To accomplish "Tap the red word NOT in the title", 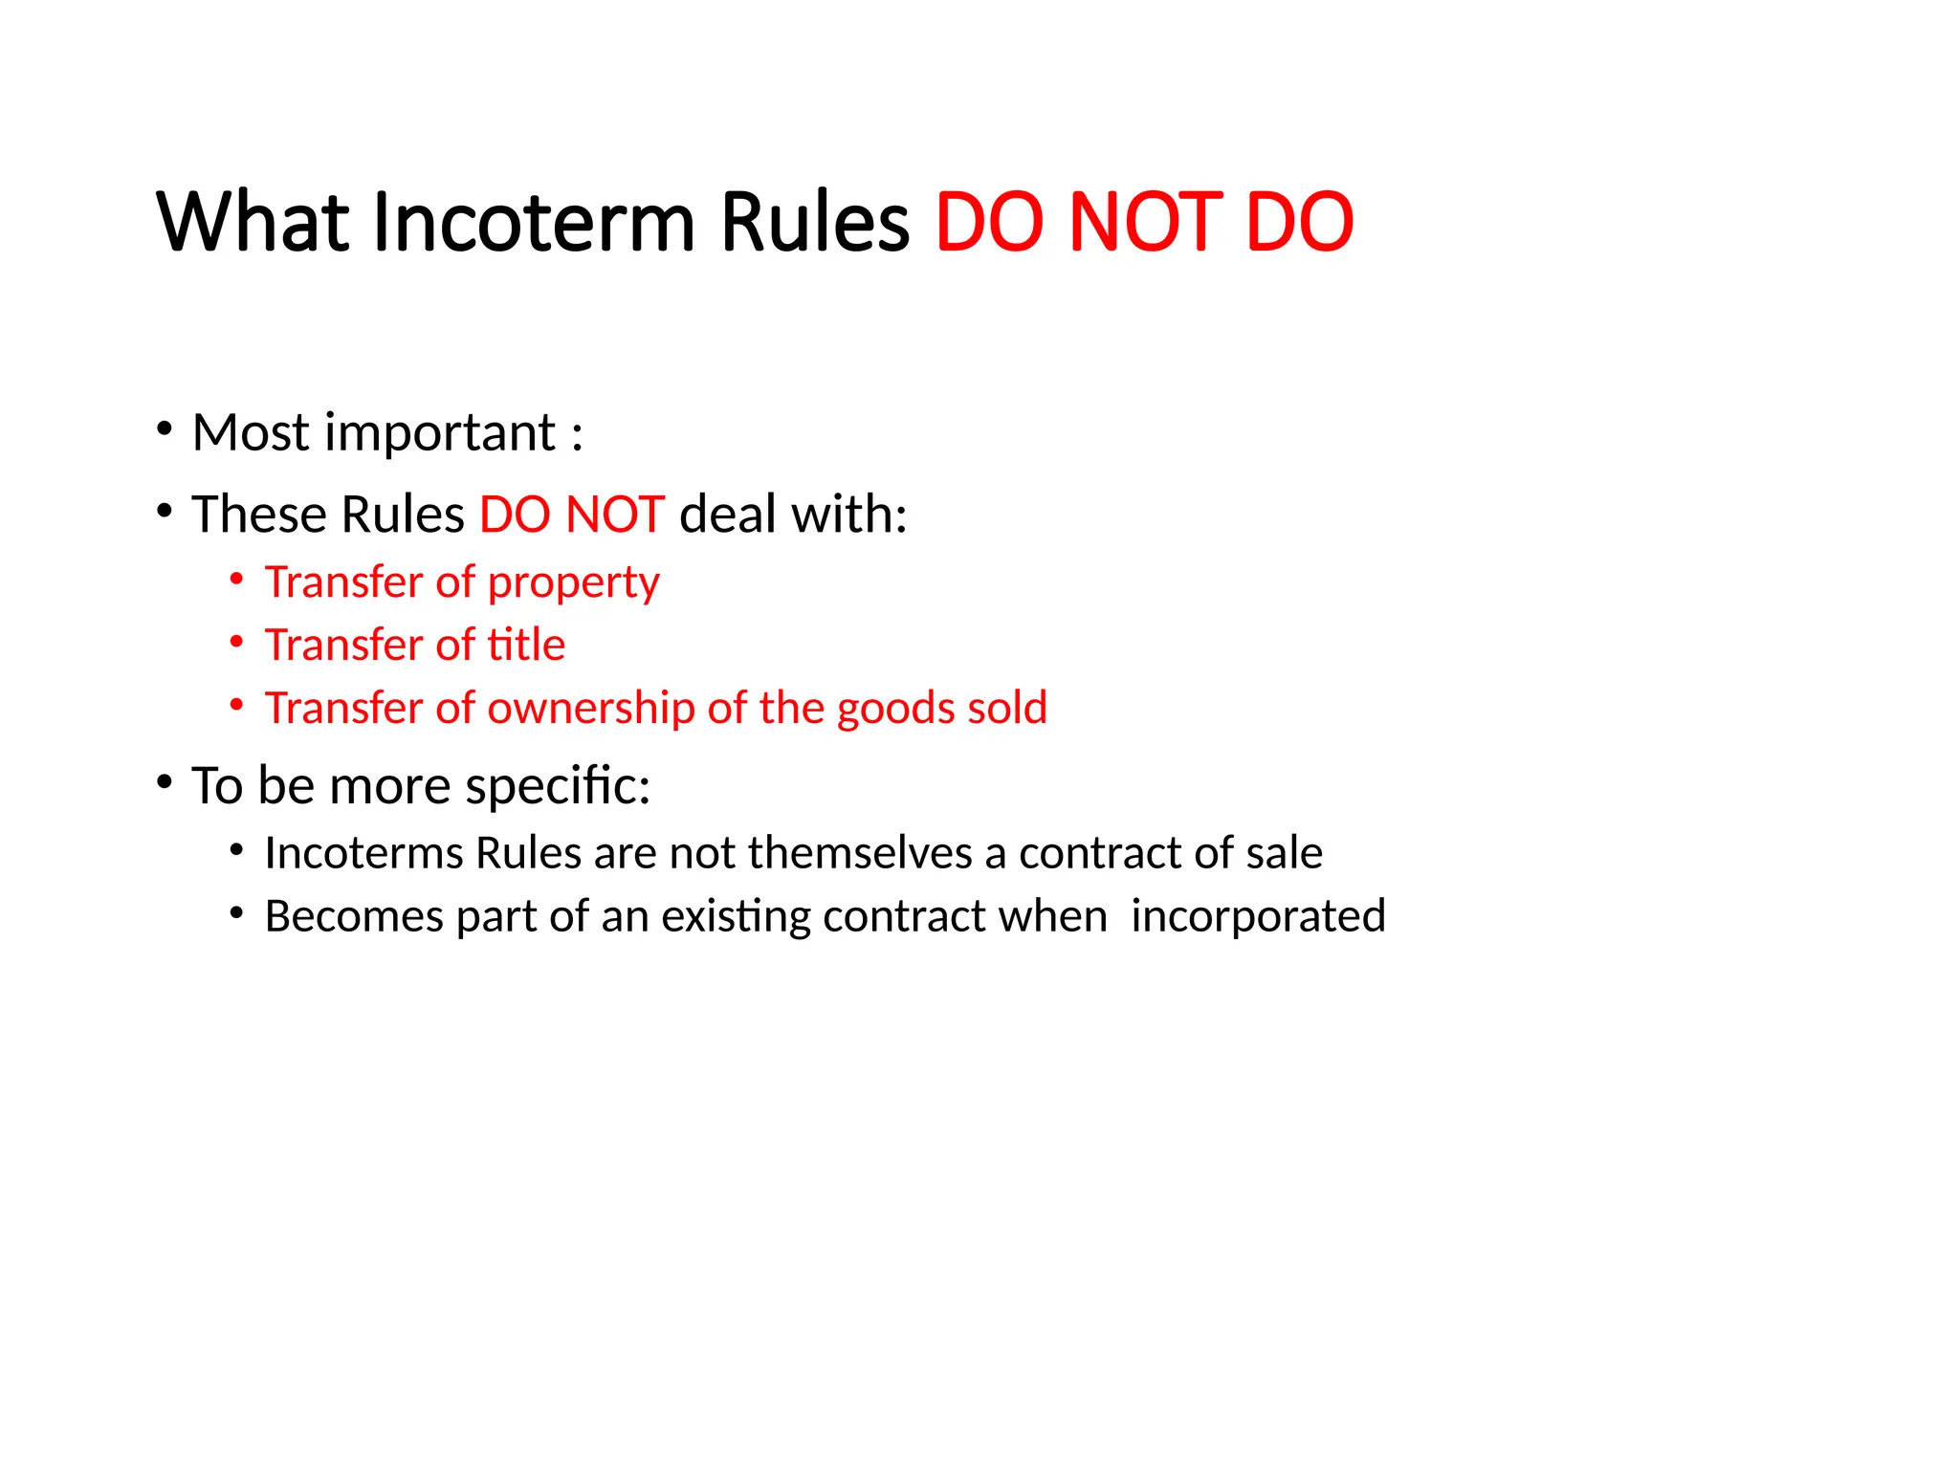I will [1144, 222].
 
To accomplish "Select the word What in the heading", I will [253, 222].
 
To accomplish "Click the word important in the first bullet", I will [440, 433].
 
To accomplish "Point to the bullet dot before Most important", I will [165, 428].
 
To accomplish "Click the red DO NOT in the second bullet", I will [571, 515].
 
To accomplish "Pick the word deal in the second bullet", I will [727, 515].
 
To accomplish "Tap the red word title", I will [526, 645].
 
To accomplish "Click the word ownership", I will [590, 708].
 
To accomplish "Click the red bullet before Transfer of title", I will [236, 642].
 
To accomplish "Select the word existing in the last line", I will [735, 916].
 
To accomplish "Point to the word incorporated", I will [1258, 916].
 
